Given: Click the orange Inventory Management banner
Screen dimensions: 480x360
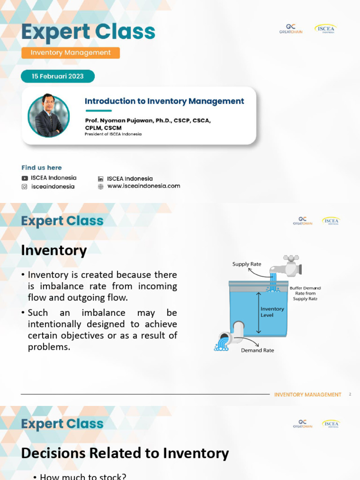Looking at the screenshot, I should (70, 53).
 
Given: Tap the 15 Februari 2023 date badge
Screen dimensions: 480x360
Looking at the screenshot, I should (58, 76).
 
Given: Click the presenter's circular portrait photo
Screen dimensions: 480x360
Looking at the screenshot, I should (48, 116).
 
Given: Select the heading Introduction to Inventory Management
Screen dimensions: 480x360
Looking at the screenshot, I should (164, 101).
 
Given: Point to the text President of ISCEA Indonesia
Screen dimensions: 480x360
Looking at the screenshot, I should (113, 134).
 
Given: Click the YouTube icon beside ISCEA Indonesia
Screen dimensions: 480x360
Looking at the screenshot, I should (25, 178).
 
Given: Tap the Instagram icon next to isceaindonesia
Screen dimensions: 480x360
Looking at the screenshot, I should (25, 187).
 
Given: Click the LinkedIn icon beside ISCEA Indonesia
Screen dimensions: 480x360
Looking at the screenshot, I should (101, 179).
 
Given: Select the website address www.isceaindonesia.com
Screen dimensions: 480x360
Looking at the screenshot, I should (143, 186).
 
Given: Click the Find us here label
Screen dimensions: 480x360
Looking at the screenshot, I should (41, 168).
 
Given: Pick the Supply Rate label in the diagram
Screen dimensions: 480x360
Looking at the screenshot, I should (247, 264).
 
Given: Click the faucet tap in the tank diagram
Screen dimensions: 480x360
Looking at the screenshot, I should (287, 266).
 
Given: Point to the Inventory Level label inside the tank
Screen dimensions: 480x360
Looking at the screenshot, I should (272, 312).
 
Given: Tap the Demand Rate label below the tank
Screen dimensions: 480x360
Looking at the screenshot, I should (257, 350).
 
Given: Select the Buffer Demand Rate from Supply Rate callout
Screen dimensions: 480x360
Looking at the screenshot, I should (305, 293).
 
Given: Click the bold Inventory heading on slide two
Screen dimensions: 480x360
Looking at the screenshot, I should (54, 251).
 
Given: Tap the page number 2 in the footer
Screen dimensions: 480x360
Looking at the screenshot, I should (350, 395).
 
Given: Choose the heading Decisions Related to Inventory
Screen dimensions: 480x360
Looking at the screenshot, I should (125, 453).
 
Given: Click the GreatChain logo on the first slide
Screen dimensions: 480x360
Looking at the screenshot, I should (289, 29).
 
